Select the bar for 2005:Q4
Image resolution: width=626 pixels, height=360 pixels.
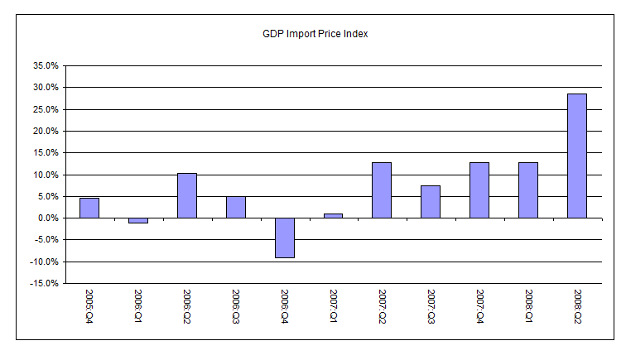click(89, 208)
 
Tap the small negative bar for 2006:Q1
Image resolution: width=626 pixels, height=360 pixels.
click(138, 220)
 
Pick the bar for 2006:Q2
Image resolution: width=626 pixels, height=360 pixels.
click(187, 195)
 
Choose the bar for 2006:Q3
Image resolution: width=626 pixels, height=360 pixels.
click(236, 207)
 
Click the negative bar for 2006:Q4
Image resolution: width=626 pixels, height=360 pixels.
click(285, 238)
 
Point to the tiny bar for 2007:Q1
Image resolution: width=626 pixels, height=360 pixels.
click(333, 216)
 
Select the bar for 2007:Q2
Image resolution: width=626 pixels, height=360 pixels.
click(382, 190)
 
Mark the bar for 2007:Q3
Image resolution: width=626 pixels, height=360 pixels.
click(431, 202)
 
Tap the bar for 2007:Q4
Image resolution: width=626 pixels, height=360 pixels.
click(479, 190)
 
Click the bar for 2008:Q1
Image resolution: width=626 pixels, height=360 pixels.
click(528, 190)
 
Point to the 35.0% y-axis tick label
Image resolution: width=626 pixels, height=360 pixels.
click(45, 65)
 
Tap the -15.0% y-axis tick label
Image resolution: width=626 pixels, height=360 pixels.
click(43, 283)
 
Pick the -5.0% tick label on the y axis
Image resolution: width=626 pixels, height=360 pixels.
click(45, 240)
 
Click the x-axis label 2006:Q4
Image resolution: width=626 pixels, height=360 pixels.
click(285, 307)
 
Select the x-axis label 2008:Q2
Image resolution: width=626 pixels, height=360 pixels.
click(577, 307)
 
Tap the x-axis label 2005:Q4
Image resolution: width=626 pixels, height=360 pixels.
click(89, 307)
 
